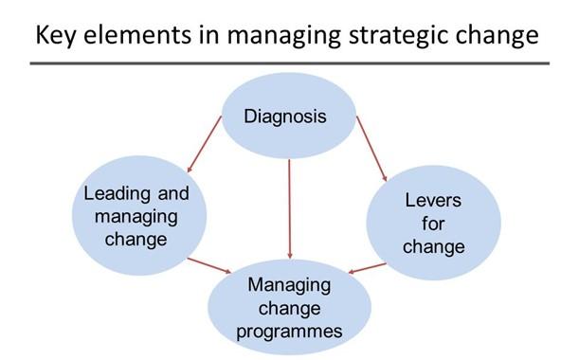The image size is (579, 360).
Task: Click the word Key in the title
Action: click(x=55, y=36)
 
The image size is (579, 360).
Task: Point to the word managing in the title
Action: click(x=283, y=36)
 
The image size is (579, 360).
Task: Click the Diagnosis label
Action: click(x=285, y=117)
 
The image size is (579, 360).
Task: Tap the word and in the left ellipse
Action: click(x=173, y=193)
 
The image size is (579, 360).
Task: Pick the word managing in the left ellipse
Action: click(x=136, y=218)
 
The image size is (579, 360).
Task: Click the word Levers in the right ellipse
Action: click(x=433, y=201)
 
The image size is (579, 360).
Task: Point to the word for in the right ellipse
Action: click(x=433, y=224)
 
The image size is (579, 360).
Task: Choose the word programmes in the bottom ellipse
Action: click(x=289, y=332)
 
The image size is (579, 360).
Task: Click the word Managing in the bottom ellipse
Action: click(x=289, y=286)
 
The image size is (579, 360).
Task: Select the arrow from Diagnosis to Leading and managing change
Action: click(x=205, y=144)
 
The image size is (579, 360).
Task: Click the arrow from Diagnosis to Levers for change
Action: click(x=371, y=149)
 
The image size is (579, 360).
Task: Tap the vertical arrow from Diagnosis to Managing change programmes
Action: click(x=290, y=209)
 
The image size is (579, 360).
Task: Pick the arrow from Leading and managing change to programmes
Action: click(x=209, y=265)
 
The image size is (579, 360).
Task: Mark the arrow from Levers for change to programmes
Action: click(x=367, y=268)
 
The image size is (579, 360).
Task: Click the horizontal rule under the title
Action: click(x=290, y=63)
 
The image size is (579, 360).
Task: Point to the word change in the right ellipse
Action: click(x=433, y=247)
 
